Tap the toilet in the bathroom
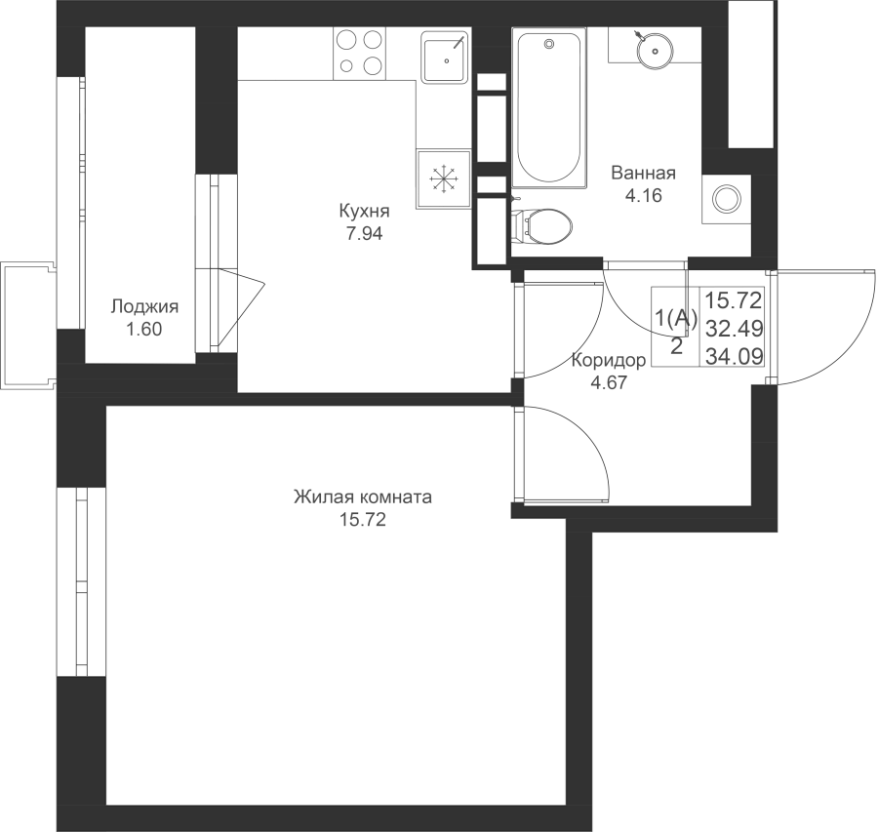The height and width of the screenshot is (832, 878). coord(542,226)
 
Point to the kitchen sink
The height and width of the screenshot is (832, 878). coord(445,58)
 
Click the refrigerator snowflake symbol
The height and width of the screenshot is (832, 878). coord(444,179)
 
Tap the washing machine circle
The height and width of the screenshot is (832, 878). coord(726,199)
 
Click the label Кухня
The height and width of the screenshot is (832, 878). coord(364,211)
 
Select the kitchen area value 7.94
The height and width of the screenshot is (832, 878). coord(364,233)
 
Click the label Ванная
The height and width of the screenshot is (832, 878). coord(644,173)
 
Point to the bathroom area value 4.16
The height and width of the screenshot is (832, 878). coord(644,195)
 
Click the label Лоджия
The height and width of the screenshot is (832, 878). coord(144,307)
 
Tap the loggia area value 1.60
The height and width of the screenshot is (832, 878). coord(144,330)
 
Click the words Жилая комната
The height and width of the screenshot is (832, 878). coord(363,497)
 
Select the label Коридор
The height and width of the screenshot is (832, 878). coord(608,361)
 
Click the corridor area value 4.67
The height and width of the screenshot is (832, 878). coord(609,383)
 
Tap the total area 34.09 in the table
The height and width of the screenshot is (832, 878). coord(734,356)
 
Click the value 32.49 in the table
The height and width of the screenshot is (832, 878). coord(734,329)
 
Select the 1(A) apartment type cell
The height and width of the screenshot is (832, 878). coord(676,319)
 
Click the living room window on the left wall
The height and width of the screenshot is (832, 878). coord(81,582)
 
